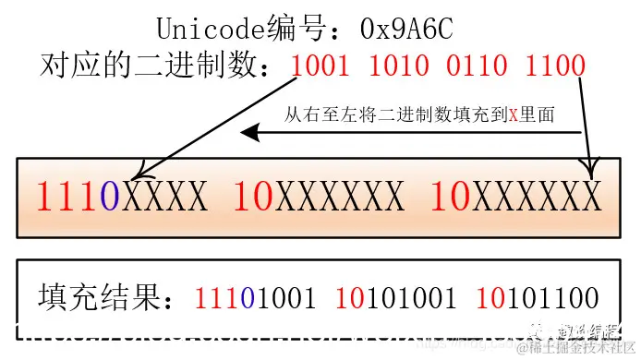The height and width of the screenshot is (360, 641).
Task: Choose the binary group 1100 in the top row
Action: point(555,65)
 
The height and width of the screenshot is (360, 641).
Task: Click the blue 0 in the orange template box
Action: point(111,197)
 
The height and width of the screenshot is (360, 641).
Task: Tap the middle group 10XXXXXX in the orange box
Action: point(319,197)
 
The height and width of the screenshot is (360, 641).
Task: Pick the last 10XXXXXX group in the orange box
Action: point(516,197)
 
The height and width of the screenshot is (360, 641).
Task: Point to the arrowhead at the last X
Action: point(590,170)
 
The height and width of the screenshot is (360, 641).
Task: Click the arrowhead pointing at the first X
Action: point(137,173)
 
